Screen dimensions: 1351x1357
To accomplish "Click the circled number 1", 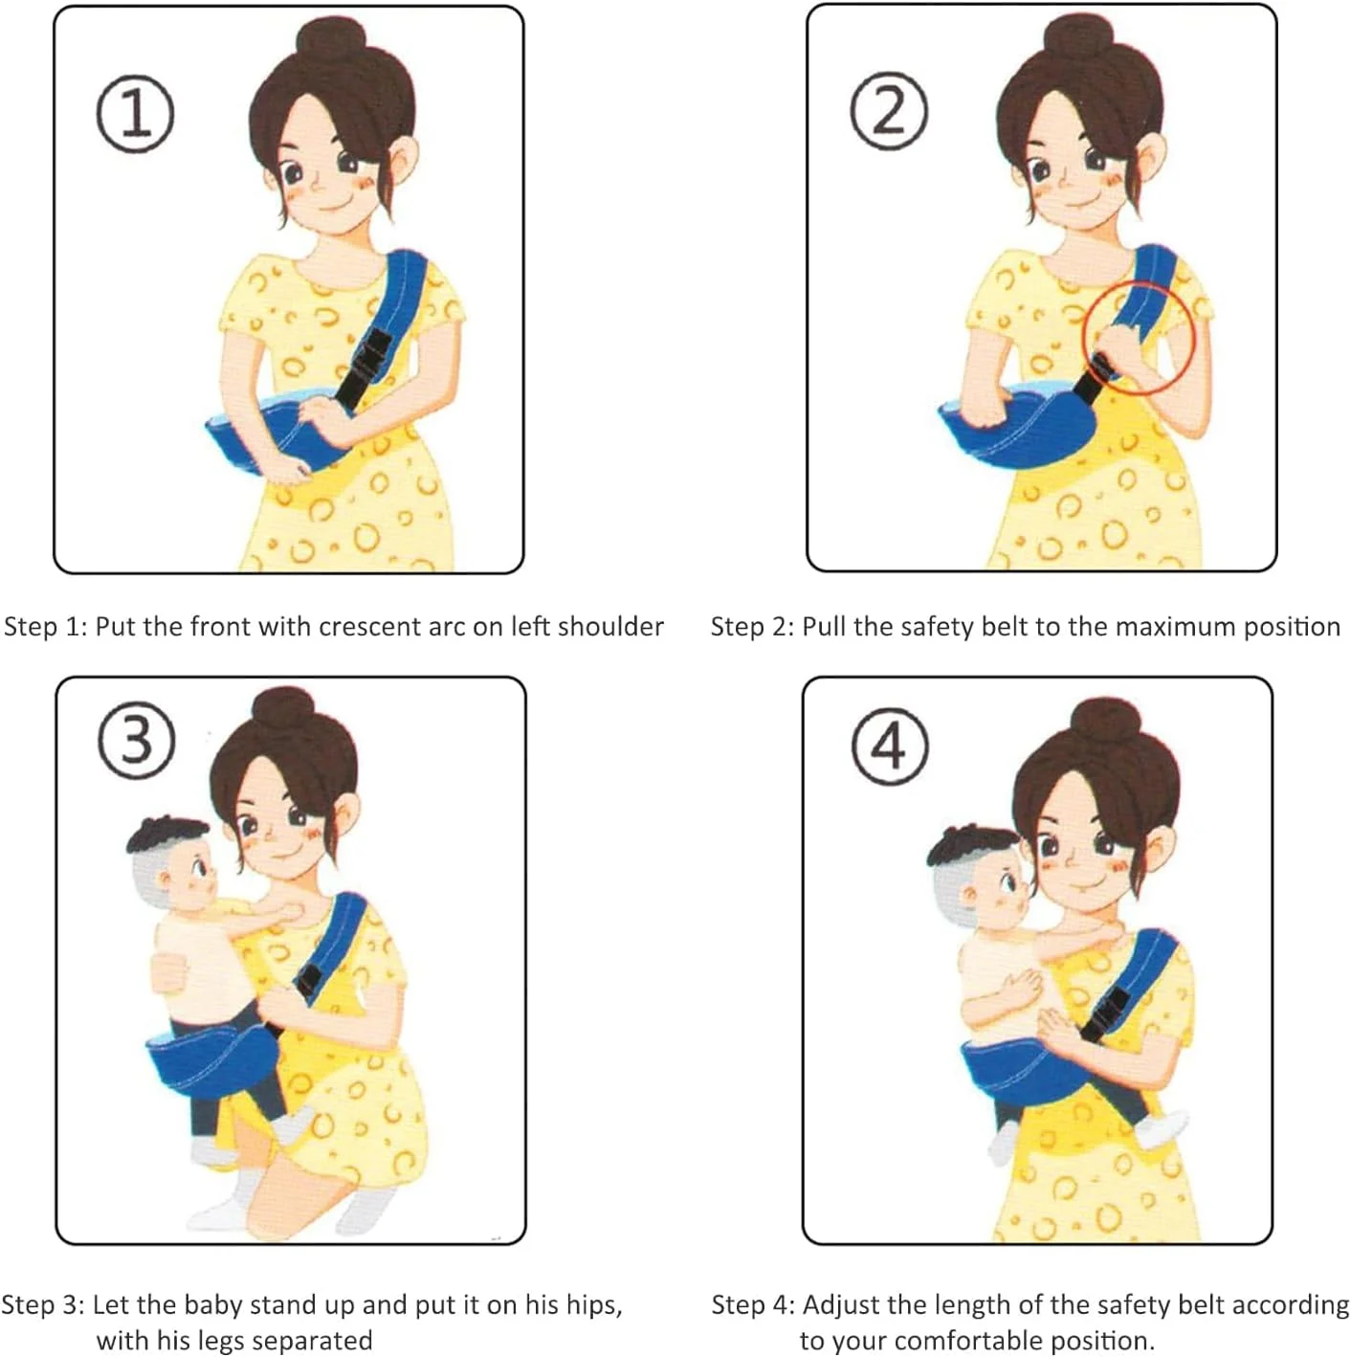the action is pos(135,114).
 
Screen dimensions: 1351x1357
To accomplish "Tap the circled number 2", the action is pos(889,111).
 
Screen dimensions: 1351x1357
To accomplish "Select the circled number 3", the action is pos(136,740).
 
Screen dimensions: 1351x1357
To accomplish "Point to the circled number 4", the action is pos(890,745).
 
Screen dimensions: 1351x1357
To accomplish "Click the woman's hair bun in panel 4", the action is pos(1105,722).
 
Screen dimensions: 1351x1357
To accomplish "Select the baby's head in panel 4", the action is pos(976,874).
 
